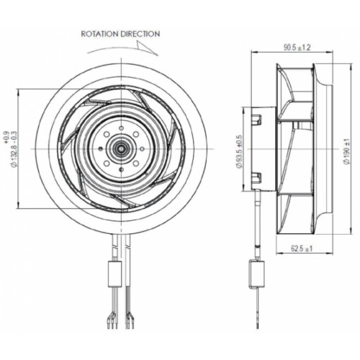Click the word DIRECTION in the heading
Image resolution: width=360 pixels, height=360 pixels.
click(140, 34)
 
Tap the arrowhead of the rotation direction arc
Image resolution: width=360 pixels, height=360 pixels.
click(146, 48)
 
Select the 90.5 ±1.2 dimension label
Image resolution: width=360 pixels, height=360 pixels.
click(297, 48)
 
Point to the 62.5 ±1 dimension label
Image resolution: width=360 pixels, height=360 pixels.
click(302, 248)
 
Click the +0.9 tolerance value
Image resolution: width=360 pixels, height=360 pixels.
click(6, 138)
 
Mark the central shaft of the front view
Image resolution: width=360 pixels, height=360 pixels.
click(122, 148)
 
